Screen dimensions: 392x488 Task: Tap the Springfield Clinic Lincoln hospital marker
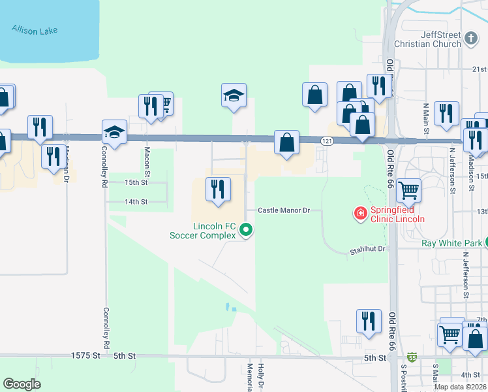click(x=359, y=213)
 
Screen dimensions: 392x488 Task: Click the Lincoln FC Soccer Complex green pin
click(x=246, y=229)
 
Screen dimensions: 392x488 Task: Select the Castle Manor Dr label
click(x=282, y=210)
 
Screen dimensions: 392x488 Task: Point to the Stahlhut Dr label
click(x=368, y=249)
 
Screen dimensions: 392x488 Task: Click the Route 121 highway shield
click(x=327, y=141)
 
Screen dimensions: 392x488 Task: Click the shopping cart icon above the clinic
click(x=408, y=190)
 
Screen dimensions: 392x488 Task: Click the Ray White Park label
click(x=452, y=243)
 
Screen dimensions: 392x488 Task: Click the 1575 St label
click(x=87, y=356)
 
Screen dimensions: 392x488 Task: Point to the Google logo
click(x=22, y=384)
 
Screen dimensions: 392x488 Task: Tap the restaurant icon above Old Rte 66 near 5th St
click(x=369, y=321)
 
